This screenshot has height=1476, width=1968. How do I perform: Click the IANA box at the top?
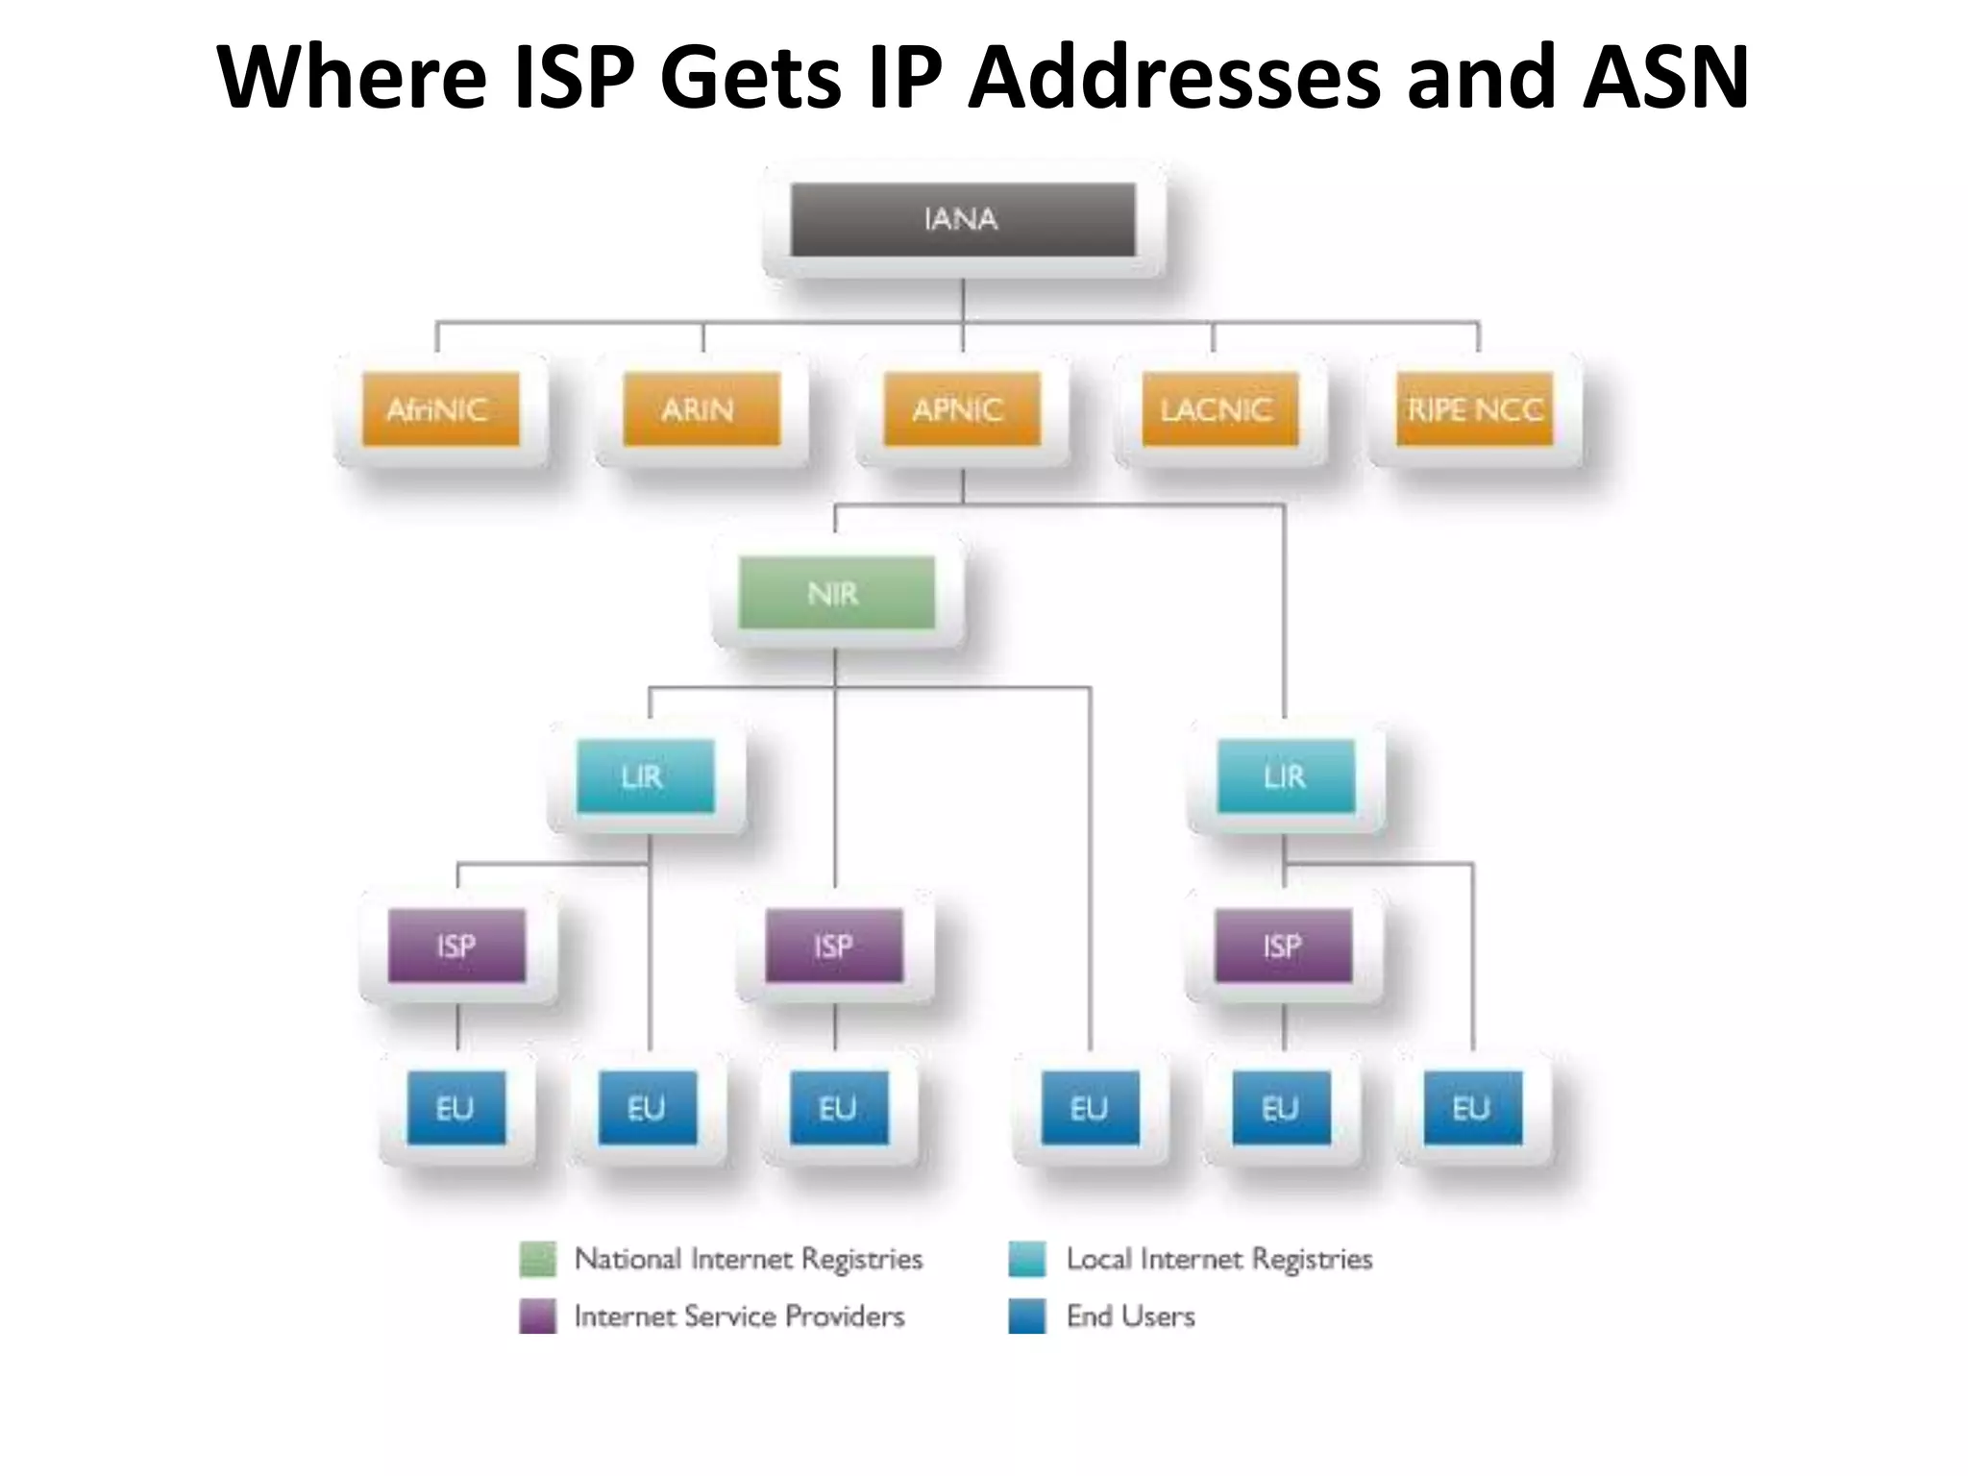962,219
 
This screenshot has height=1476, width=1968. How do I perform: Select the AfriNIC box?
440,409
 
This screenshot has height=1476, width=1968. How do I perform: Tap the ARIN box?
701,409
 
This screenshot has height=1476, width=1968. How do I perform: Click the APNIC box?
961,409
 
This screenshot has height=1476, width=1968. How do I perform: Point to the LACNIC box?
1219,409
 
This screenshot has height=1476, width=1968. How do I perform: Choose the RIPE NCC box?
1474,409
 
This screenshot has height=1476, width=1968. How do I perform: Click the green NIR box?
836,593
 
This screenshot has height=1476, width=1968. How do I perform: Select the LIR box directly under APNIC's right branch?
1286,775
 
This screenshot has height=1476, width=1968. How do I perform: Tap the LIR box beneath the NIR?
645,775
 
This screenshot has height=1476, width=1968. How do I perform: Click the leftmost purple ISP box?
456,946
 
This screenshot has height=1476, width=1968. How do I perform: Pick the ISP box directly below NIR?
834,946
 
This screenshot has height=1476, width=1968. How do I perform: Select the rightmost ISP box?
1283,946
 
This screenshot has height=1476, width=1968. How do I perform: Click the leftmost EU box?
456,1108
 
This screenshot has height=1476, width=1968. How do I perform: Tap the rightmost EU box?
1472,1108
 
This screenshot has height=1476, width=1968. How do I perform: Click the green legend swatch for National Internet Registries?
537,1259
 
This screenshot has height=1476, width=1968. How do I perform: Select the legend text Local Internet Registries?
1218,1259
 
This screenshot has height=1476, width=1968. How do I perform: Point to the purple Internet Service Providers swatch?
537,1316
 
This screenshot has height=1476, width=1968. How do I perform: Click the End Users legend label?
1130,1316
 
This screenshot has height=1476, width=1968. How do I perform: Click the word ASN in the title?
1665,77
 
